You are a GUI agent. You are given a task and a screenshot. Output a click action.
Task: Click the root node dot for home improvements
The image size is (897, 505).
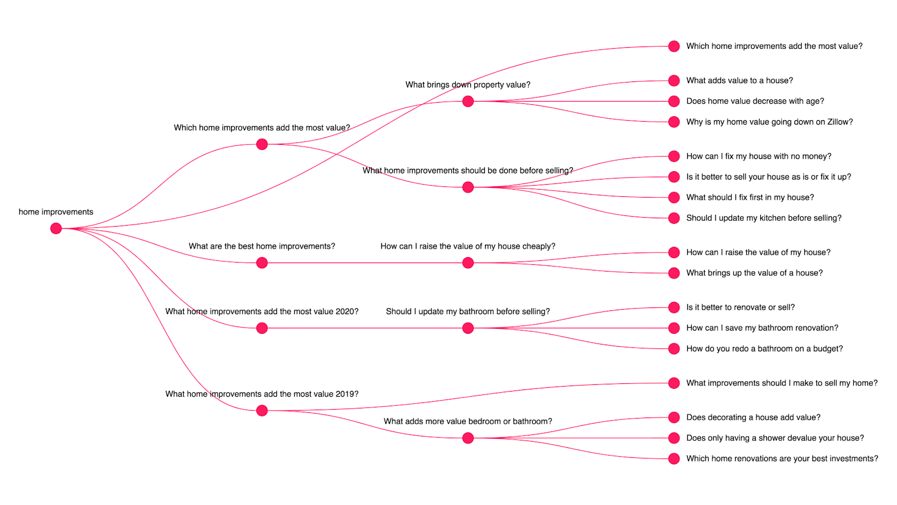coord(56,228)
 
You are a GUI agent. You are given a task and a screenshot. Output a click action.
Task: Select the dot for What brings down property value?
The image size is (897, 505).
coord(468,102)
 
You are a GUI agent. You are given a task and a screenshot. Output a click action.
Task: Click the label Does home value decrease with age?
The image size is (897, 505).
coord(755,101)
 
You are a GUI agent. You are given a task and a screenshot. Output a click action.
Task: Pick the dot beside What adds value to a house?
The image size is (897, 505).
coord(674,81)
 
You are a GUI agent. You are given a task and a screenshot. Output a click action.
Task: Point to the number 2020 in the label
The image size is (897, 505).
coord(344,311)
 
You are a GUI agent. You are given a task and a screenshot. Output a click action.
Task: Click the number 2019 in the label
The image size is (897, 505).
coord(344,394)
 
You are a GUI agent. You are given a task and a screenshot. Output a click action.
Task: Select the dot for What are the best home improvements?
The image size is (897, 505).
coord(262,263)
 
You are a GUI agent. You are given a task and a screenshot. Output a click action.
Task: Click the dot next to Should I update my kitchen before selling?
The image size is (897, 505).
coord(674,218)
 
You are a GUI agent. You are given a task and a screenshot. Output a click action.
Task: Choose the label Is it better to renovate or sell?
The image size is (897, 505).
coord(741,307)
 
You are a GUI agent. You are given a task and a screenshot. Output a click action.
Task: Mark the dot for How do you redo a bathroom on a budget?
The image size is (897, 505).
coord(674,348)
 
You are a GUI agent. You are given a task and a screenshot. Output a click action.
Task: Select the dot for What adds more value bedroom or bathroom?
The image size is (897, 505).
coord(468,438)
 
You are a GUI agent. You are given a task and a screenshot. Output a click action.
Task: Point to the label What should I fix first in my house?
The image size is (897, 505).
coord(750,197)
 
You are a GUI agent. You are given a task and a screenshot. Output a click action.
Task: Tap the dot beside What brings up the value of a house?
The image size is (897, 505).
coord(674,273)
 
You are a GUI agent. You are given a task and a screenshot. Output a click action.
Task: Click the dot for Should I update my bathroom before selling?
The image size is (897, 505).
coord(468,328)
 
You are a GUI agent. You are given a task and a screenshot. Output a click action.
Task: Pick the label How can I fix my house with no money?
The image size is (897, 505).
coord(759,157)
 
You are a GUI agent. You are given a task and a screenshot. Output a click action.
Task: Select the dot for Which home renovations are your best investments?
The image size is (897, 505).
coord(674,458)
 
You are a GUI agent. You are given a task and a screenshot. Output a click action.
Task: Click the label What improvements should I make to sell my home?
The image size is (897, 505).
coord(782,383)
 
